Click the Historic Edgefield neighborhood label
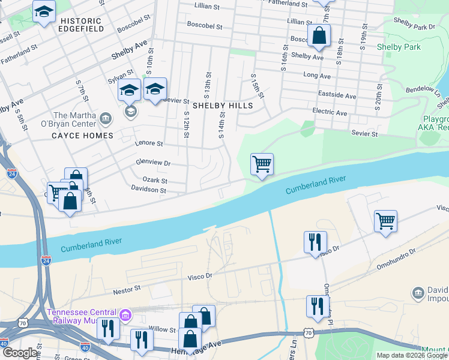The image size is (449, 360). coord(81,24)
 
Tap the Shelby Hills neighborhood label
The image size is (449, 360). coord(222,105)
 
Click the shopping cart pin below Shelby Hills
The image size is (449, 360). coord(262,163)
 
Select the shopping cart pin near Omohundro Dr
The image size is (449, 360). coord(385,220)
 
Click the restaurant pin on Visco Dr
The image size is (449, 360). coord(315,242)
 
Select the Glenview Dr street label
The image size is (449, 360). coord(153,163)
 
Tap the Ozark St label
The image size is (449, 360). coord(154,180)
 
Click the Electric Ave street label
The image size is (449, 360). coord(330,112)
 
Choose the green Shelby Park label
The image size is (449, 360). coord(398,47)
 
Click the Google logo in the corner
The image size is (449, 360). coord(20,353)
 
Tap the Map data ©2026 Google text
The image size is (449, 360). coord(411,355)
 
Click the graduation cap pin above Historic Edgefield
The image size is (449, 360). coord(44,12)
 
